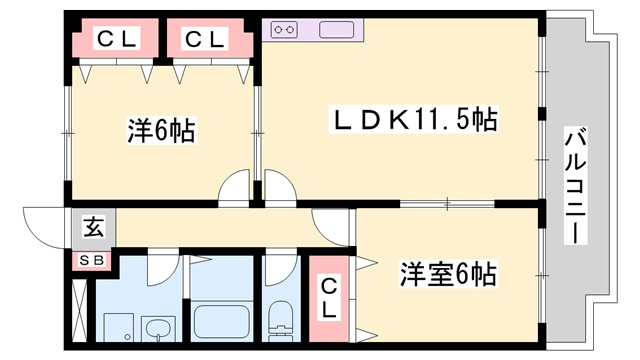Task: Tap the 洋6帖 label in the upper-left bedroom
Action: point(160,130)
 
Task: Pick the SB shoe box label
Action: point(91,260)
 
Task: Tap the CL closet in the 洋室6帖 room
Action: point(329,297)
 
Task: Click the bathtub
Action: point(224,321)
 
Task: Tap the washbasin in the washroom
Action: point(158,328)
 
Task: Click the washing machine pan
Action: point(117,325)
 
